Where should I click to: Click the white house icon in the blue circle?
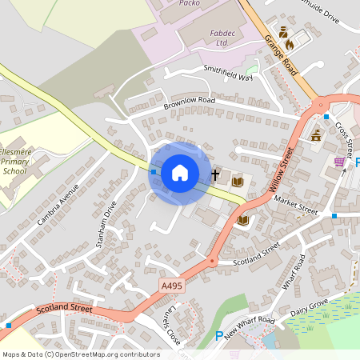(x=180, y=172)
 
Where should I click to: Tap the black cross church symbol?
(x=214, y=173)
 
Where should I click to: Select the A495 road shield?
(x=171, y=285)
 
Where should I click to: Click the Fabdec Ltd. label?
(x=210, y=37)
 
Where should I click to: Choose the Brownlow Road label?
(x=189, y=102)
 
